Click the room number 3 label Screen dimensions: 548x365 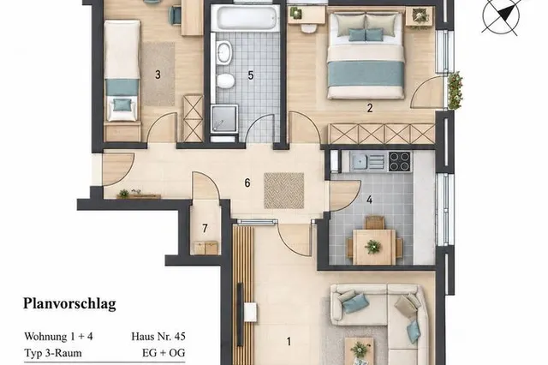[158, 75]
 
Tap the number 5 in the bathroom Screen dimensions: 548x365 [250, 75]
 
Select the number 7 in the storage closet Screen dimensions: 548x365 [205, 229]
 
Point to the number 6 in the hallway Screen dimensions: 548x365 [247, 182]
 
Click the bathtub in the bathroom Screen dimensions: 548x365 [247, 17]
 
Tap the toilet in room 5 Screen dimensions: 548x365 [224, 81]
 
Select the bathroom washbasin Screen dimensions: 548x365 [224, 52]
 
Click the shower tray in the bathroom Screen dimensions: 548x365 [224, 119]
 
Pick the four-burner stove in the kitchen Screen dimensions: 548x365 [400, 161]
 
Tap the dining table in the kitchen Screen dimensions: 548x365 [374, 247]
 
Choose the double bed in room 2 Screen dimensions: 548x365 [366, 55]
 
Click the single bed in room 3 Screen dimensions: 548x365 [122, 71]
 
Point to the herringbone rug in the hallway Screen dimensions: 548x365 [283, 190]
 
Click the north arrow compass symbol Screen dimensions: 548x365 [500, 15]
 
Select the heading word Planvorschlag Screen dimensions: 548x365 [69, 304]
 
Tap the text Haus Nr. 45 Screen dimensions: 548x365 [158, 337]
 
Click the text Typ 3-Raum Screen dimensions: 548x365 [53, 353]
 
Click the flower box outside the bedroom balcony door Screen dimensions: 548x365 [455, 91]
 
